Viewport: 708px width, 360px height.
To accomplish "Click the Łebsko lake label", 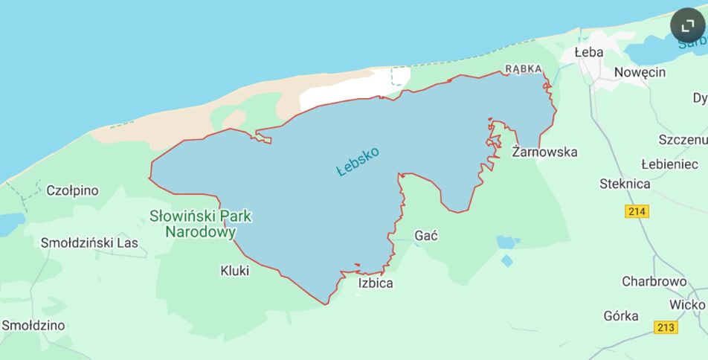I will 358,161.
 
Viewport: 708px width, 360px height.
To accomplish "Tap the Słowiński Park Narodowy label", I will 201,224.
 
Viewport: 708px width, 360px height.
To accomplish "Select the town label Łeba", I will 589,52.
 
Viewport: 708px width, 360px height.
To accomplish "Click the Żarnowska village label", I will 545,152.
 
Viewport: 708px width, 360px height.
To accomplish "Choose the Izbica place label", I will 376,283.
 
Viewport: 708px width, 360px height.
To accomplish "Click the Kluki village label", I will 235,271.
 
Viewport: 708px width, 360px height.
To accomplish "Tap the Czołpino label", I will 72,190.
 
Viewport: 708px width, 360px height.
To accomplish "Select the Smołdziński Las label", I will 89,242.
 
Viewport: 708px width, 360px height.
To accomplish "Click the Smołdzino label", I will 33,325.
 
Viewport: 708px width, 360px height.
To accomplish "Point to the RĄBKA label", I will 524,68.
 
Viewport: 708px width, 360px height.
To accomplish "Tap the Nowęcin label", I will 640,72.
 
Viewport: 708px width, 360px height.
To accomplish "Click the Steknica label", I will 625,184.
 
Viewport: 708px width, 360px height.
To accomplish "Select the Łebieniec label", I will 669,164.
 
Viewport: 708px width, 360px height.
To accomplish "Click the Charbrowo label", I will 654,281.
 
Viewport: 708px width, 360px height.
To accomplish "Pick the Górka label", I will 620,315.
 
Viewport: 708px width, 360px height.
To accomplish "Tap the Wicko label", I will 686,304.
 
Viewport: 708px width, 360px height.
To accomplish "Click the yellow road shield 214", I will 637,211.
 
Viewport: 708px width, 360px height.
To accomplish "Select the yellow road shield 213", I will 666,327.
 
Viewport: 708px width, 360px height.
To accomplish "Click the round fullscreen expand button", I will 688,26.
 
